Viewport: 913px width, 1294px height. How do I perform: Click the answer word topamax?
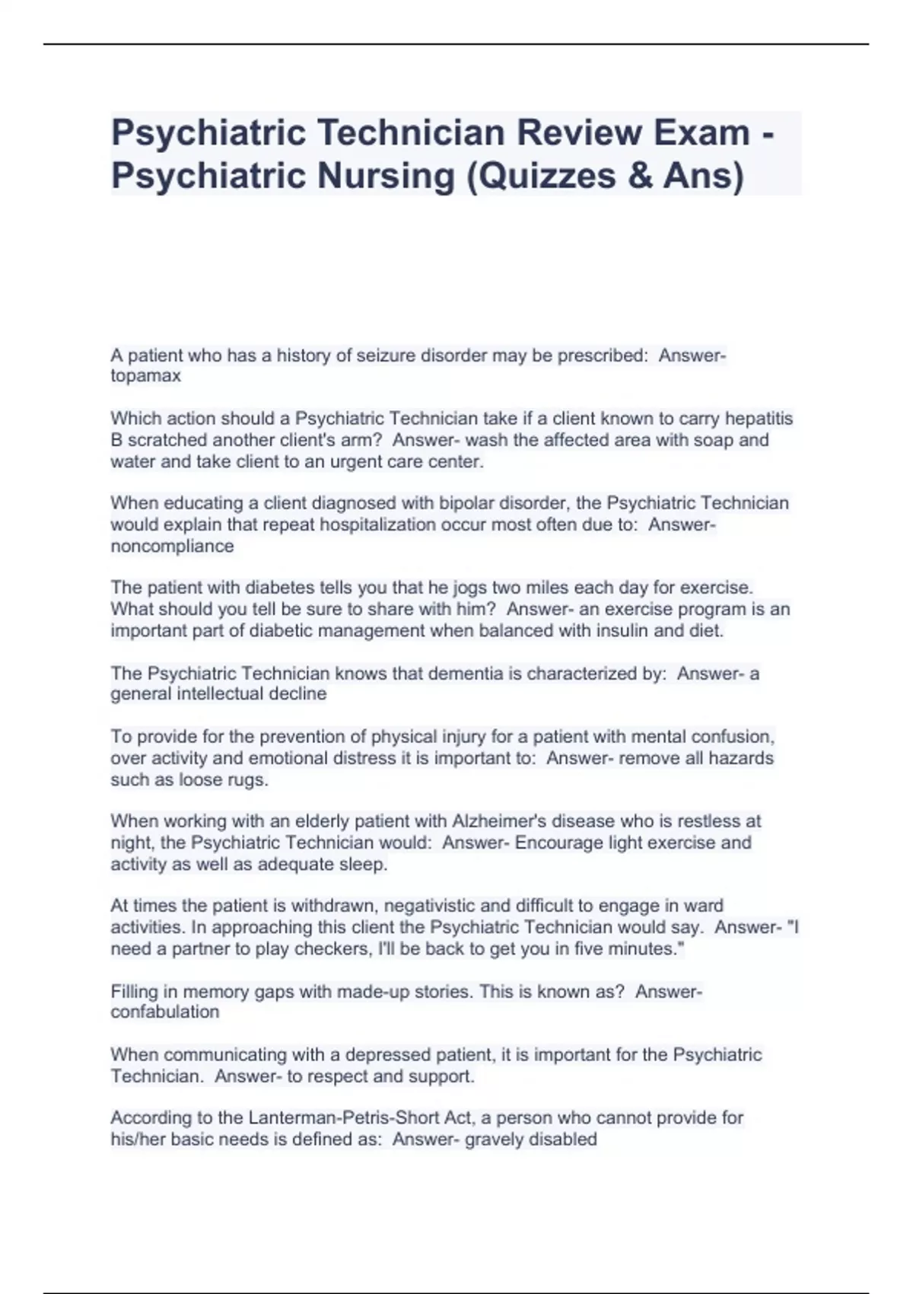(145, 376)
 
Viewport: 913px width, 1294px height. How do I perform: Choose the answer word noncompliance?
(172, 547)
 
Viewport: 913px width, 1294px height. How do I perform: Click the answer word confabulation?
(164, 1012)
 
